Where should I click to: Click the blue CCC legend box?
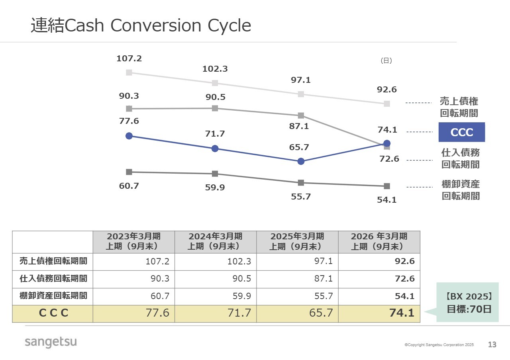(x=461, y=132)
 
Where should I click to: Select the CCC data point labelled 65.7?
(x=301, y=161)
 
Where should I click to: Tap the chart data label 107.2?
(x=129, y=59)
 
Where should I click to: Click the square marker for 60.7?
(x=129, y=172)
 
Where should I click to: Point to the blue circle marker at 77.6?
(x=129, y=136)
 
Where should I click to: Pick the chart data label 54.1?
(x=387, y=200)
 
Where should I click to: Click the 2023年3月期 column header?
(x=133, y=241)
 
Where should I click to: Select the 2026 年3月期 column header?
(x=379, y=241)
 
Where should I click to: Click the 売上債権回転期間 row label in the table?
(x=53, y=261)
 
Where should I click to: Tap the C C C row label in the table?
(x=53, y=313)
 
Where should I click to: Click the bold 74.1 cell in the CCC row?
(x=402, y=313)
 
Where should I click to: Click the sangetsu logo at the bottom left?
(x=51, y=342)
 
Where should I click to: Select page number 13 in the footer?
(x=492, y=344)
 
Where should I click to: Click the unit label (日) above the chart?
(x=386, y=61)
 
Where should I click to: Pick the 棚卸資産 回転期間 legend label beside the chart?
(x=461, y=190)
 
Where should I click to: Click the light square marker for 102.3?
(x=215, y=83)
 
